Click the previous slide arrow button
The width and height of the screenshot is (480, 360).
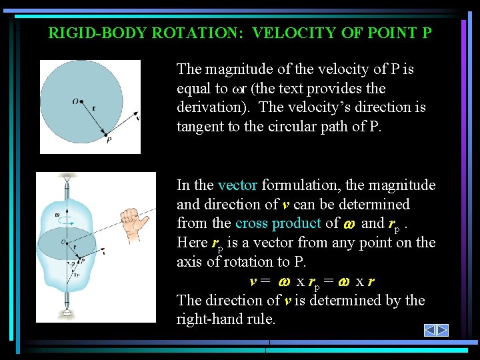[x=431, y=330]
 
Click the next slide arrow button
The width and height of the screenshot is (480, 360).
[x=443, y=330]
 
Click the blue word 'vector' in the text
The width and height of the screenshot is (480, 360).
[x=237, y=185]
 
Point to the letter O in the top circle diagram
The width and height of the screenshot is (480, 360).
[x=76, y=101]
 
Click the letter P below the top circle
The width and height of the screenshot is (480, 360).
[x=108, y=140]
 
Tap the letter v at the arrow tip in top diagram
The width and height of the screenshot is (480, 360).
[x=138, y=118]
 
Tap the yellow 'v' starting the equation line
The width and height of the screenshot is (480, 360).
[x=254, y=281]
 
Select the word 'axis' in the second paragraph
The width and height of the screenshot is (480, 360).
[x=191, y=262]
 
